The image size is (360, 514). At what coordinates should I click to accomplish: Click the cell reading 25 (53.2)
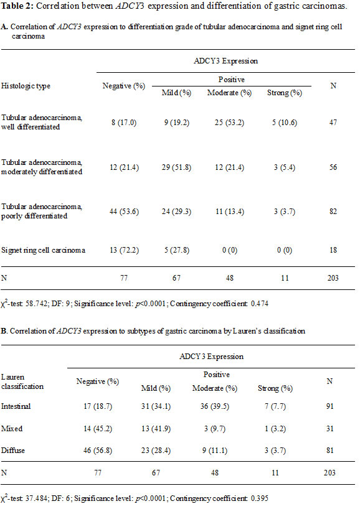tap(229, 123)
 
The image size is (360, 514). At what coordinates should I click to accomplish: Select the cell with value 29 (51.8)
tap(176, 167)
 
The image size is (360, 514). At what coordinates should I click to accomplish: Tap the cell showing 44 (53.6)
tap(124, 212)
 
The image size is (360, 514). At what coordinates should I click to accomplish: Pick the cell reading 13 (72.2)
tap(124, 250)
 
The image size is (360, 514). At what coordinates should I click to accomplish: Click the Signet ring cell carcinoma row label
tap(43, 250)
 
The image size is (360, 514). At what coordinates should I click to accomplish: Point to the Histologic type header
tap(26, 86)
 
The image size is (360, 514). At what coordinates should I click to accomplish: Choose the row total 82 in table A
tap(333, 212)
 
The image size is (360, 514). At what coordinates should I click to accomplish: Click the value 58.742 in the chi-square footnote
tap(36, 304)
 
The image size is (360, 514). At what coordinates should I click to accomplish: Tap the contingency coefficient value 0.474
tap(260, 304)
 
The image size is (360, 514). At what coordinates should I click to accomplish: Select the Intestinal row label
tap(16, 406)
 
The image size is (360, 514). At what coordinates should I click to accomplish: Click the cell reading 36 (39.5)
tap(215, 406)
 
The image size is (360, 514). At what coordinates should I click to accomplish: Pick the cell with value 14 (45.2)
tap(97, 429)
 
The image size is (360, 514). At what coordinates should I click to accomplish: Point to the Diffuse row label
tap(13, 451)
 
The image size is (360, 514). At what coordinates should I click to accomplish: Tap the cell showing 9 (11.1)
tap(215, 451)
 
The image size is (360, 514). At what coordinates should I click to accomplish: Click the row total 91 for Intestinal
tap(330, 406)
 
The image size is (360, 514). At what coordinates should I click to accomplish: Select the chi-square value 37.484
tap(36, 498)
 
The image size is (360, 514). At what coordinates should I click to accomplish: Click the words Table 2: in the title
tap(17, 6)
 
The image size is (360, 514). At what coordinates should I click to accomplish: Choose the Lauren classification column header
tap(22, 382)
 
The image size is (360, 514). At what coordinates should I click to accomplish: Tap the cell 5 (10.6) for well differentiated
tap(284, 123)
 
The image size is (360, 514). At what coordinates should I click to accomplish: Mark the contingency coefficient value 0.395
tap(260, 498)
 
